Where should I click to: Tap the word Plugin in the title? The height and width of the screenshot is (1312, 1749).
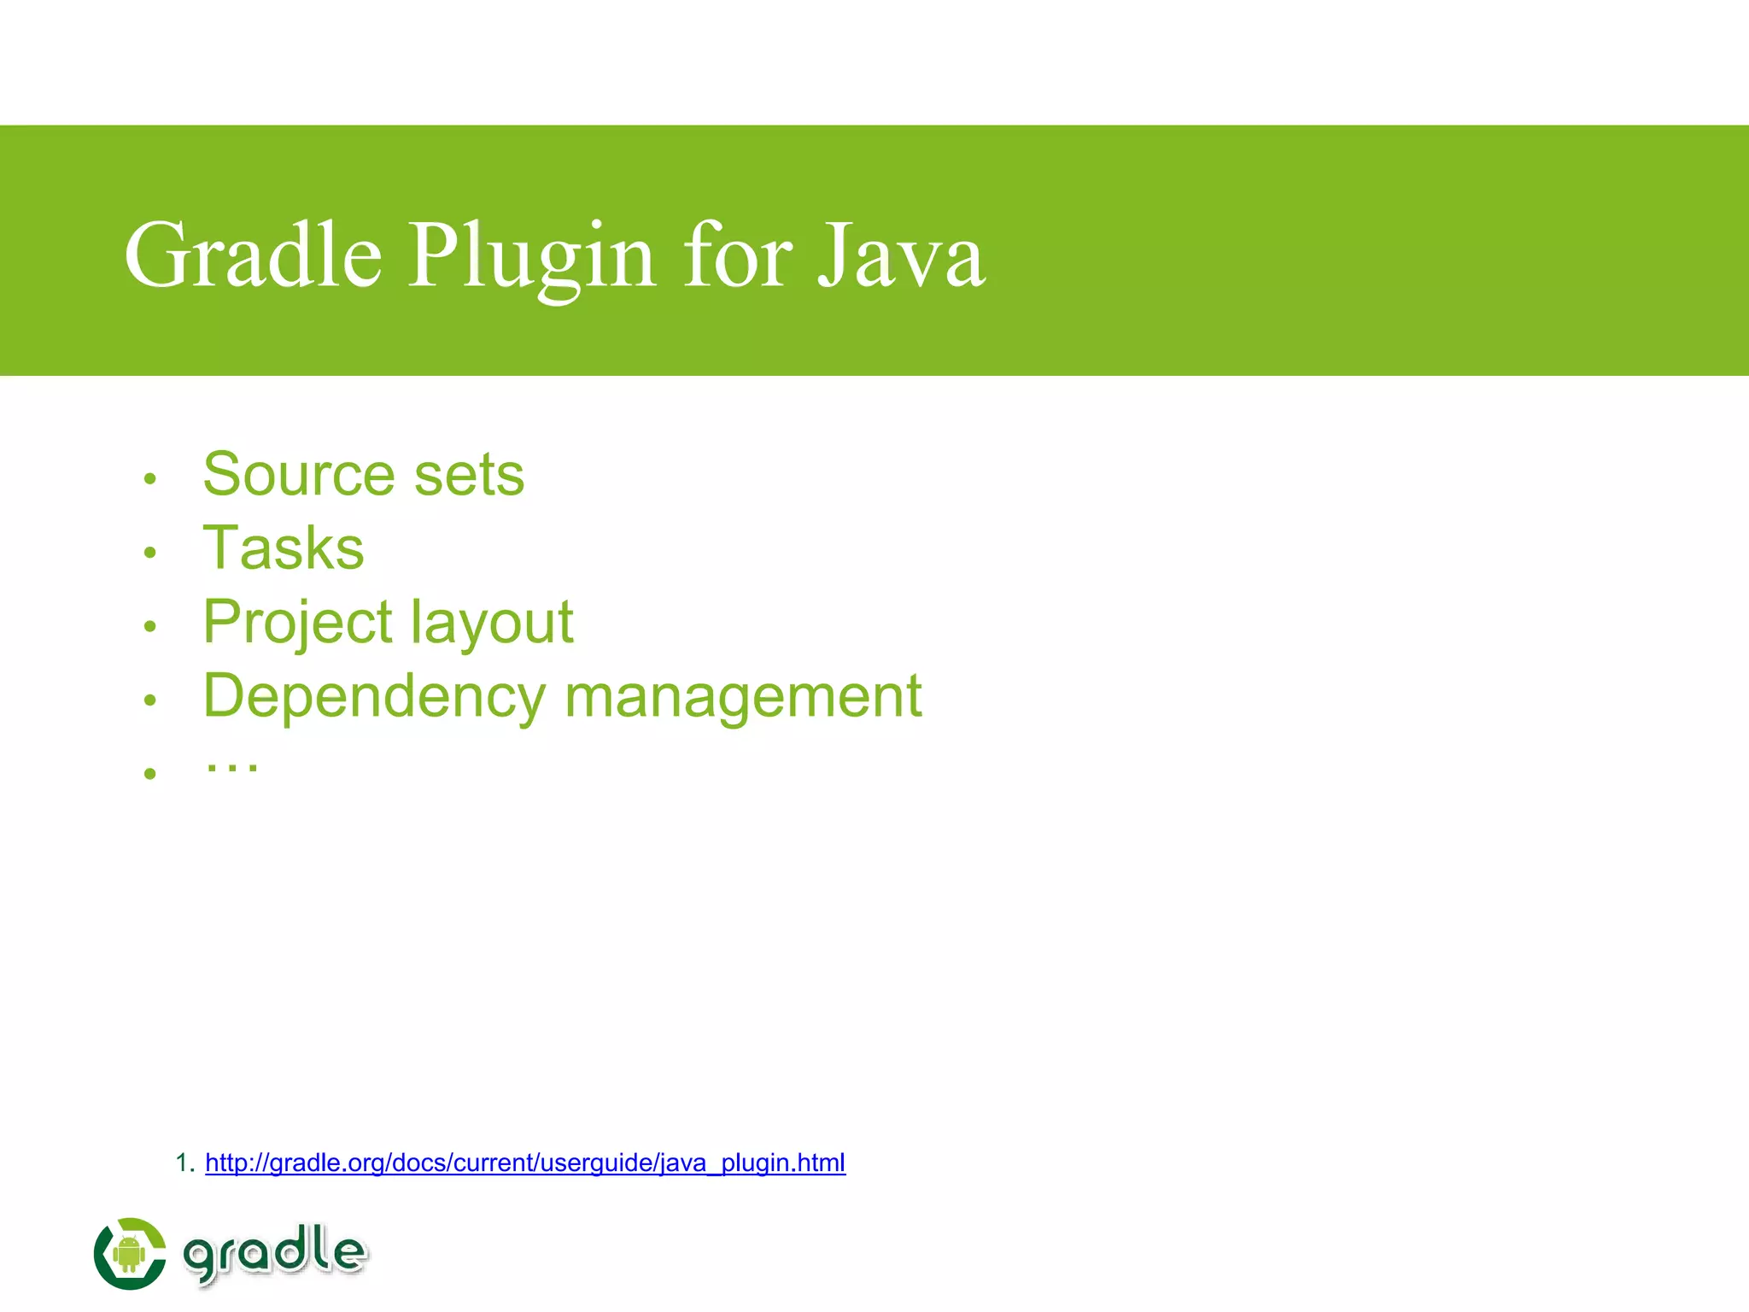(x=531, y=257)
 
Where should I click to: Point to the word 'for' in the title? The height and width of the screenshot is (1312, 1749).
(x=737, y=255)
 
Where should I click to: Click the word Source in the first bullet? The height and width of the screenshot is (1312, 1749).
(x=299, y=474)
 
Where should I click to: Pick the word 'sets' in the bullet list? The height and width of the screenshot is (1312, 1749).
(x=469, y=474)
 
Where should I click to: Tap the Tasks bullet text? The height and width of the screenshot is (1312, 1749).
(x=284, y=548)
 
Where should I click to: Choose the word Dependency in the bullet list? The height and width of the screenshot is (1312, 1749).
(x=374, y=696)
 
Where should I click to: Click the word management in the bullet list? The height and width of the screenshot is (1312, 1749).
(x=743, y=696)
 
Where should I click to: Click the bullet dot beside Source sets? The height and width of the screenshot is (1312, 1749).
(x=150, y=479)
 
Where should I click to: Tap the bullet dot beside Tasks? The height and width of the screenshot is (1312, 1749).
(x=150, y=553)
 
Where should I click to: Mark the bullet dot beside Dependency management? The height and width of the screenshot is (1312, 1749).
(x=150, y=700)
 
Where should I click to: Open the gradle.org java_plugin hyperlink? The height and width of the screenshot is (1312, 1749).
(x=525, y=1163)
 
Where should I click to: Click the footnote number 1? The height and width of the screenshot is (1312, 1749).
(x=183, y=1163)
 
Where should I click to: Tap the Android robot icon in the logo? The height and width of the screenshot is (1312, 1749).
(x=129, y=1253)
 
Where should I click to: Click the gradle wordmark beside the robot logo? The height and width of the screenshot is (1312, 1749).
(x=275, y=1253)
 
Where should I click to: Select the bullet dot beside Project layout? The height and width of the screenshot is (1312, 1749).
(x=150, y=627)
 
